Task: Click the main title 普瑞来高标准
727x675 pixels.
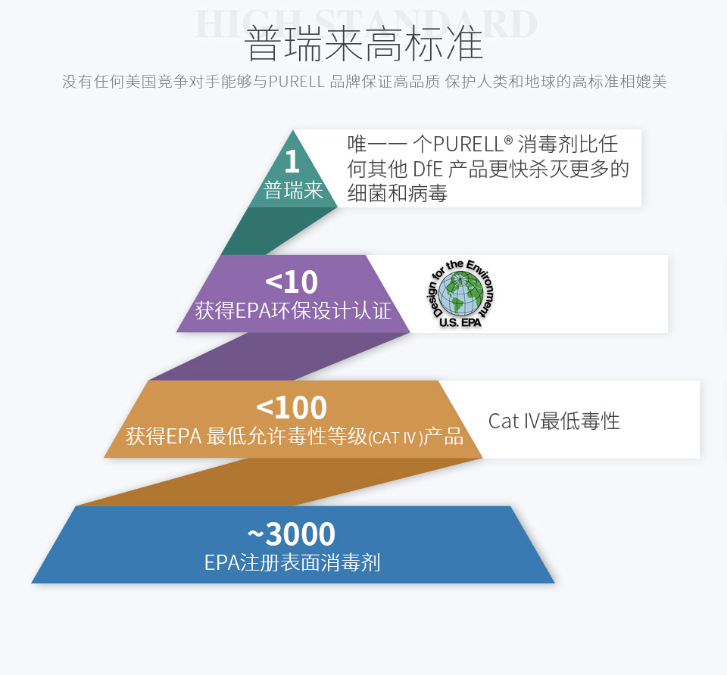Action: point(363,45)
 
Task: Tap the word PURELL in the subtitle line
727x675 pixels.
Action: point(296,82)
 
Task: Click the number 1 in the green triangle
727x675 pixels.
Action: point(292,161)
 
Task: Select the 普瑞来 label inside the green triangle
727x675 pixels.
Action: point(293,191)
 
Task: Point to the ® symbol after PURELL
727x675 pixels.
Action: point(508,140)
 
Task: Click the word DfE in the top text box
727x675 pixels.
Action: point(427,169)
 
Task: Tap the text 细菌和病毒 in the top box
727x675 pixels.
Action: point(398,193)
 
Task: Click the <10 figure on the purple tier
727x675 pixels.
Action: point(292,282)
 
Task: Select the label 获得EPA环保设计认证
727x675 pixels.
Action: point(293,310)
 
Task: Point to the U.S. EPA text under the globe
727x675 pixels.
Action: point(460,322)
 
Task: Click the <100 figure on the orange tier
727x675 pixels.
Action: point(292,408)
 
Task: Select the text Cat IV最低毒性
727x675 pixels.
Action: point(554,421)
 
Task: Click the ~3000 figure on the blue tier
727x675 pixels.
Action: point(291,533)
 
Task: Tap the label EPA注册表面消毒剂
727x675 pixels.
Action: point(292,563)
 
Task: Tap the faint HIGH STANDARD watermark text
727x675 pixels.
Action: point(366,24)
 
